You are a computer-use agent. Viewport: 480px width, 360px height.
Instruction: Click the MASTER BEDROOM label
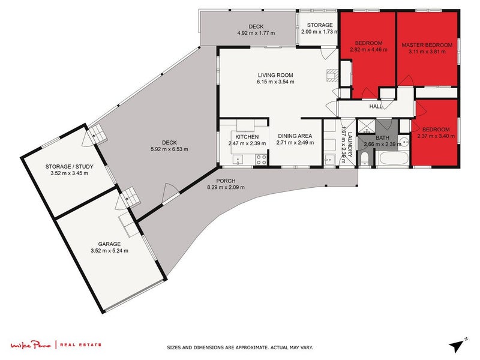(426, 45)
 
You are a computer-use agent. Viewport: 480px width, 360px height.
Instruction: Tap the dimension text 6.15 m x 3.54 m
(275, 82)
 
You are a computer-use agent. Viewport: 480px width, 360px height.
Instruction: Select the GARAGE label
(110, 244)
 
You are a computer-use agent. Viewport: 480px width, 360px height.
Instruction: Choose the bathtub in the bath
(394, 159)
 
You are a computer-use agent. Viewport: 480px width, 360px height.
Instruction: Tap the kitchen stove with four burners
(261, 160)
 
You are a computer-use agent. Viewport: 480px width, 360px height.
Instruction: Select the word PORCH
(226, 181)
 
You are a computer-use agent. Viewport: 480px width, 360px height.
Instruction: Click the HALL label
(376, 106)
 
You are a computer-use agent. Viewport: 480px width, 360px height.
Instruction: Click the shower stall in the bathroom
(365, 127)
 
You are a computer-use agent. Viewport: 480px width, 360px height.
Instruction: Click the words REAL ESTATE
(80, 344)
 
